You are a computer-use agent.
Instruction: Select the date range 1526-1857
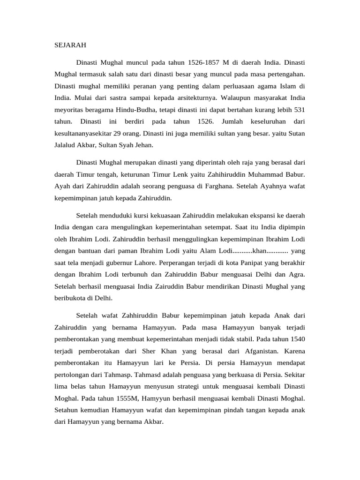tap(207, 62)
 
